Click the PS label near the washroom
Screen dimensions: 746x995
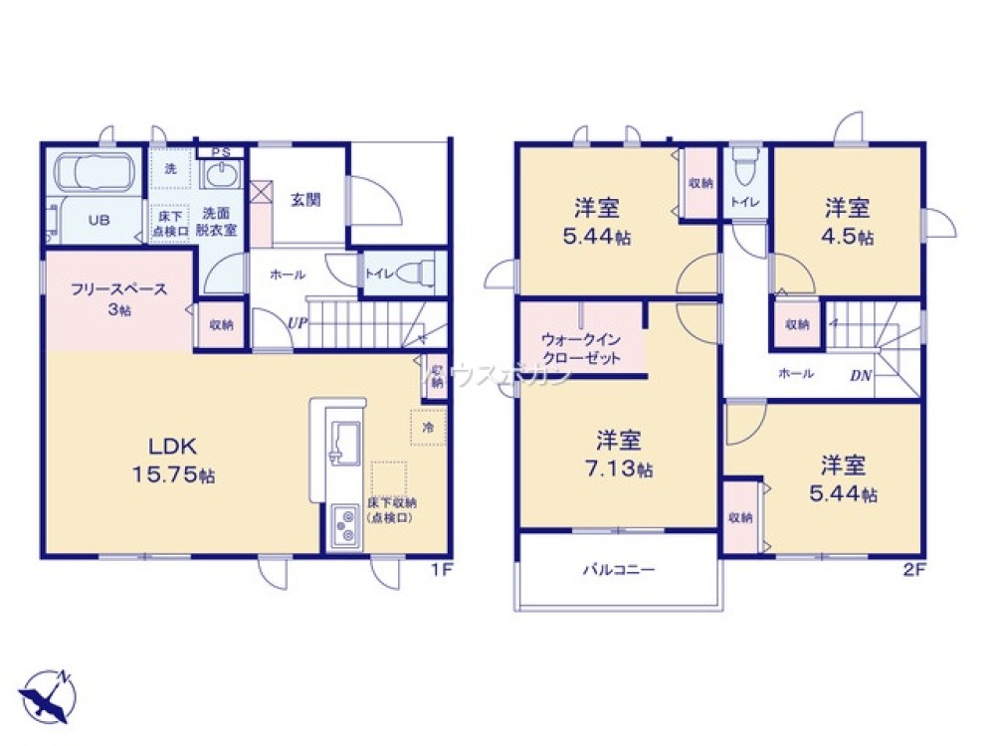tap(221, 152)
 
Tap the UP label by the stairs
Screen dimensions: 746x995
tap(298, 322)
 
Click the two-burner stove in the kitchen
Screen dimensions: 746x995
tap(345, 524)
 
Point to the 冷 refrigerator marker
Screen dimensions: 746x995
tap(428, 426)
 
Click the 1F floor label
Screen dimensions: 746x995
tap(444, 570)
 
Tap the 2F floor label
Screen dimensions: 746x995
tap(913, 570)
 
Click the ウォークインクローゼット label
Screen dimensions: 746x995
tap(581, 348)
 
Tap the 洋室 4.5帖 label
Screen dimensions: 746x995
tap(848, 223)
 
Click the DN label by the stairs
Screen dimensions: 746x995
tap(862, 376)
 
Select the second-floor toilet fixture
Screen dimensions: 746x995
tap(743, 167)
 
